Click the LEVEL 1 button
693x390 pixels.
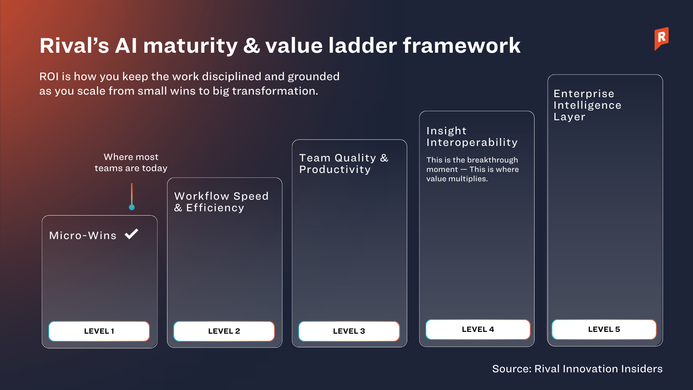click(99, 331)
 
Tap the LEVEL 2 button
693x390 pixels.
click(224, 331)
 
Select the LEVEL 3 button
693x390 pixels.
click(349, 331)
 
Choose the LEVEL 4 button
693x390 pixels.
click(478, 329)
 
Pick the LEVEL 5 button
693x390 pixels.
click(604, 329)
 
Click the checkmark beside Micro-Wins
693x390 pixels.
click(131, 234)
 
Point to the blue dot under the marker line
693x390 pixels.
click(132, 207)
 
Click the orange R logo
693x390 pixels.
click(662, 39)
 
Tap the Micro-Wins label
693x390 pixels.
click(83, 235)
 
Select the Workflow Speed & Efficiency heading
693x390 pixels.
click(221, 202)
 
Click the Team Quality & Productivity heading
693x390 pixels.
click(344, 164)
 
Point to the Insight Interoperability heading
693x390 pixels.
click(472, 136)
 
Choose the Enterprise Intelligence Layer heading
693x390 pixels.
click(587, 105)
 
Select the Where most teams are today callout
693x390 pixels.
click(131, 162)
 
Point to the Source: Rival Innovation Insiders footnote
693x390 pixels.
click(577, 369)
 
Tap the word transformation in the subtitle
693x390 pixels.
click(275, 91)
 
